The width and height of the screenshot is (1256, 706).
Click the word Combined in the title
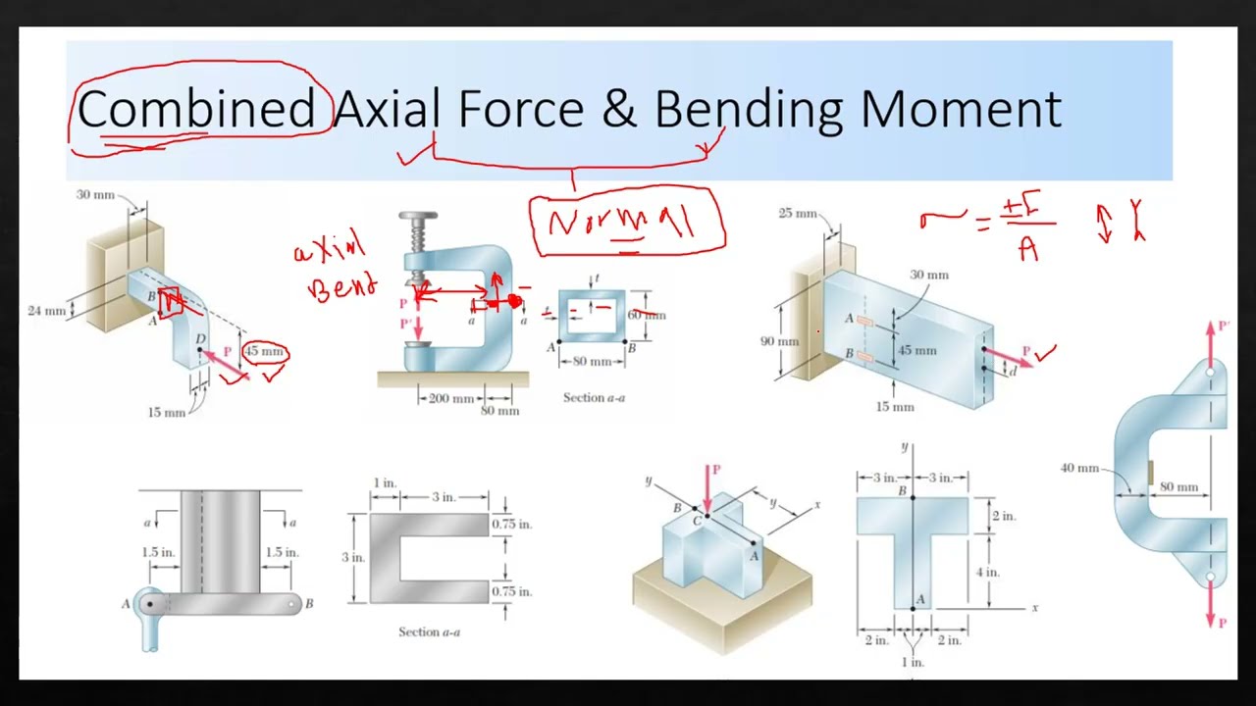point(195,109)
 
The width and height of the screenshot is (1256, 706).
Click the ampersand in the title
point(618,109)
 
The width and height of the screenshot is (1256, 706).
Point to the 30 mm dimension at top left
point(95,195)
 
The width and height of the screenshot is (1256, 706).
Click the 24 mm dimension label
point(46,311)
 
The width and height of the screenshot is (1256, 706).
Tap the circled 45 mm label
point(263,352)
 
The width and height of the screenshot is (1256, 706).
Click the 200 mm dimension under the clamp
point(451,399)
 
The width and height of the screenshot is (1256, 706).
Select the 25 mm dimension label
point(797,213)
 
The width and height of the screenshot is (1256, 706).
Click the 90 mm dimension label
point(780,341)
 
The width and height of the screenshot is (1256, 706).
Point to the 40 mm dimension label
point(1079,468)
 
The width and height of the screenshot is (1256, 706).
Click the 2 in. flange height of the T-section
point(1003,516)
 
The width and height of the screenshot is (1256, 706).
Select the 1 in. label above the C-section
point(385,483)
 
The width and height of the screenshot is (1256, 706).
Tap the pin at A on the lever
point(150,603)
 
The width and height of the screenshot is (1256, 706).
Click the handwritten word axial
point(329,249)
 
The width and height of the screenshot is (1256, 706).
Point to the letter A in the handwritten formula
point(1027,251)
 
